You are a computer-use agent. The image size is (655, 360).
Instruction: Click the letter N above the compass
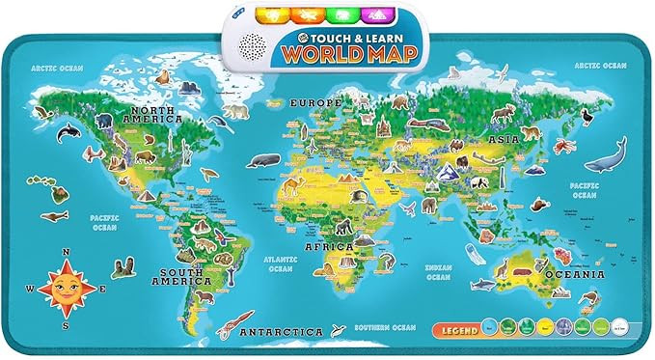click(x=68, y=255)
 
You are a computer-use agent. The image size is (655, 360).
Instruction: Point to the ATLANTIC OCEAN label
click(x=281, y=263)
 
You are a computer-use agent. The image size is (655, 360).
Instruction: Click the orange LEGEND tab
click(x=459, y=331)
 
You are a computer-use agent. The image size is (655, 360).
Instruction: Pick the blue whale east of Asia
click(x=605, y=155)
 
